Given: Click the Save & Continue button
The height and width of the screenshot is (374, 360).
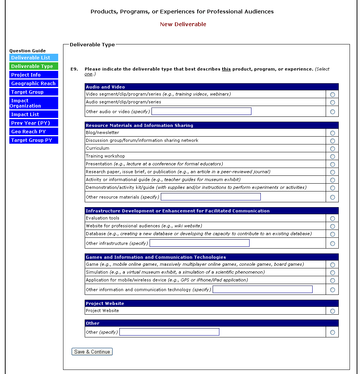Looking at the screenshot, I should click(92, 352).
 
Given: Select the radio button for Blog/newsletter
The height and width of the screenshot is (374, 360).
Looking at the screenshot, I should click(332, 133).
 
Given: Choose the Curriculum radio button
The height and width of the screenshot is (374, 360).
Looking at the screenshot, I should click(332, 149).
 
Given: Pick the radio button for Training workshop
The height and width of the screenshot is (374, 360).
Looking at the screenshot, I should click(332, 156).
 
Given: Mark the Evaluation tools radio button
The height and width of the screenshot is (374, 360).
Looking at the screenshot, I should click(332, 218).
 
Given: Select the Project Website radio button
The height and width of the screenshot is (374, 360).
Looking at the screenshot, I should click(332, 311).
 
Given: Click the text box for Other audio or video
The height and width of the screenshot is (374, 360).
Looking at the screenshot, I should click(201, 111).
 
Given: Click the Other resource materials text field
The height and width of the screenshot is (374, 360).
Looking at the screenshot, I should click(211, 197).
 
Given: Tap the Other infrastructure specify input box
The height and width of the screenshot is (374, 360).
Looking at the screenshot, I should click(200, 243).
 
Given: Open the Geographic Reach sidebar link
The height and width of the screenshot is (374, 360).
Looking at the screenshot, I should click(34, 84).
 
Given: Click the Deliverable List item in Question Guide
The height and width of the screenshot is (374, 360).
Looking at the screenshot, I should click(34, 58).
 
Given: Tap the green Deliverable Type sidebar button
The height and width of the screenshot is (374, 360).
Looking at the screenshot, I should click(34, 66).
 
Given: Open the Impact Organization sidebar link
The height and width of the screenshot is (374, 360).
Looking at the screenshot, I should click(34, 103).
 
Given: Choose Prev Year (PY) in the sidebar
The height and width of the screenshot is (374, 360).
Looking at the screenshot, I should click(34, 123).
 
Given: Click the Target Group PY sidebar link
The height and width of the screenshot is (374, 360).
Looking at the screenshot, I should click(34, 140).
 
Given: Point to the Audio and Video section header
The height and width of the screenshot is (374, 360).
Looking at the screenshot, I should click(106, 87).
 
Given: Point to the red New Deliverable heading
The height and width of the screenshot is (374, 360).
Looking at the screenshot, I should click(183, 24).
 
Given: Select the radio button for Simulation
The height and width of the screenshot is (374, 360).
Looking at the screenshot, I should click(332, 272).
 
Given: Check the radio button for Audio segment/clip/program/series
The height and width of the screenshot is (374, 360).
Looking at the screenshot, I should click(332, 102).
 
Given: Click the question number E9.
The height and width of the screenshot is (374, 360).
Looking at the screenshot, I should click(74, 69).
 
